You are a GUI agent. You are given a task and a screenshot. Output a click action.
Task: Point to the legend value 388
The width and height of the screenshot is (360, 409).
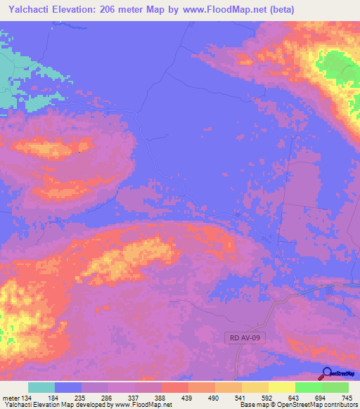point(160,397)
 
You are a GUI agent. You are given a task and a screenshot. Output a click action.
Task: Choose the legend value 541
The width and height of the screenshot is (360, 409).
point(240,397)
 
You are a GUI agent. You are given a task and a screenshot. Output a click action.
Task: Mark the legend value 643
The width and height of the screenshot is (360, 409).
point(295,397)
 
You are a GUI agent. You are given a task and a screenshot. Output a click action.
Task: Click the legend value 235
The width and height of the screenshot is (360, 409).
point(80,397)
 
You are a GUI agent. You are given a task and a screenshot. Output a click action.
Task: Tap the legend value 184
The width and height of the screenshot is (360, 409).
point(53,397)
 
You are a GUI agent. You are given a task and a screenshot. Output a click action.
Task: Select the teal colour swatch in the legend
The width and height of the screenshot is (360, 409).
point(41,387)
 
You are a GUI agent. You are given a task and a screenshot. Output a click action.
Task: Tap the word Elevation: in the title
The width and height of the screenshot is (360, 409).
point(78,9)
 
